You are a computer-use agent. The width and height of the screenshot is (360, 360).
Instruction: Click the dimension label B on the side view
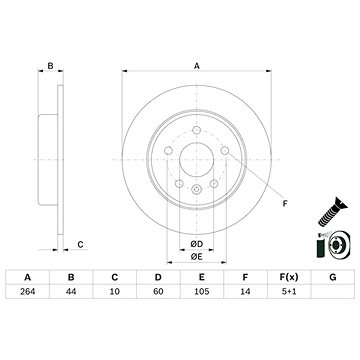(x=49, y=66)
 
